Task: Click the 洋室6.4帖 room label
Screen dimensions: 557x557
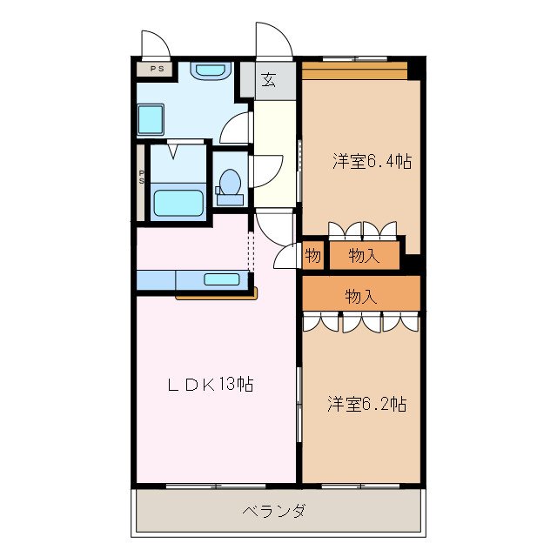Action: (x=372, y=161)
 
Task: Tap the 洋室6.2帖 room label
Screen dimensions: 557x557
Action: (x=366, y=404)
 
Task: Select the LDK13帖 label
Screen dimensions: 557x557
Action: (x=211, y=384)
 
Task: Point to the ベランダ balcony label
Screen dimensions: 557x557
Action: (x=273, y=511)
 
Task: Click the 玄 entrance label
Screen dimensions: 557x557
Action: (x=269, y=81)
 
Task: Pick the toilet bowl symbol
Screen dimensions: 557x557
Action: (x=230, y=184)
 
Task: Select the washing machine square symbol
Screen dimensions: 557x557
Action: (x=152, y=119)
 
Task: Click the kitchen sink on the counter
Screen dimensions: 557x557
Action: (x=222, y=279)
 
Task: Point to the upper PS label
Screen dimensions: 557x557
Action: (x=158, y=69)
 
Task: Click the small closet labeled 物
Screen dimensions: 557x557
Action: (x=313, y=256)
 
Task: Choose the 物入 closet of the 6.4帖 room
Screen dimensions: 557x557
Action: (x=364, y=255)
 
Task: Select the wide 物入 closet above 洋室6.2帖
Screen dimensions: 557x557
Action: (x=361, y=296)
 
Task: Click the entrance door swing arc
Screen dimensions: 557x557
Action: (x=272, y=39)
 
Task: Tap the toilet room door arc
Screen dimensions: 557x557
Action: (x=265, y=167)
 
